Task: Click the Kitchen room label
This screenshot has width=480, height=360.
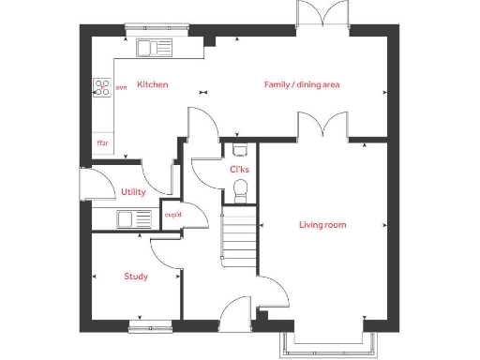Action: [153, 84]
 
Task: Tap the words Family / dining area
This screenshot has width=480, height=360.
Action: [301, 84]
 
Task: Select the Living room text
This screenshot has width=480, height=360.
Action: [322, 224]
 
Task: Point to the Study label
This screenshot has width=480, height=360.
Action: [136, 277]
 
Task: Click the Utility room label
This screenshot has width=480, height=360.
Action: [133, 192]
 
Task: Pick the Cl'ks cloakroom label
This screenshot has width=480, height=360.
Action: [239, 170]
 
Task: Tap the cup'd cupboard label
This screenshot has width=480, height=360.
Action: [172, 215]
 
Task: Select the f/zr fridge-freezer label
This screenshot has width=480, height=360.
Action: [101, 143]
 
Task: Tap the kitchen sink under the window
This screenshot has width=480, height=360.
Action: [150, 48]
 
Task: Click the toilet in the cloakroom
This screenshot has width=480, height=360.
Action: [239, 192]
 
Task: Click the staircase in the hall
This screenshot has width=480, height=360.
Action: [238, 242]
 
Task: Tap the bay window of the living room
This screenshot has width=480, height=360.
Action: [325, 345]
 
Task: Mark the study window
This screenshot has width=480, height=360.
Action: [151, 327]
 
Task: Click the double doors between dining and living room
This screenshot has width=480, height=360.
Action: [323, 127]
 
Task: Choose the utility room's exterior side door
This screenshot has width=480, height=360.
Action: [87, 183]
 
